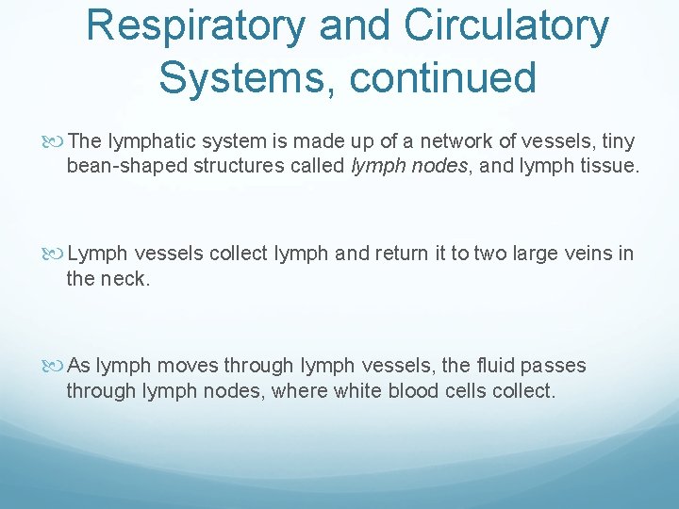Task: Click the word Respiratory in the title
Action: pyautogui.click(x=195, y=26)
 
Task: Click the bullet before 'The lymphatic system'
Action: pyautogui.click(x=58, y=142)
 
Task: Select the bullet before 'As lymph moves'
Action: pyautogui.click(x=58, y=367)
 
